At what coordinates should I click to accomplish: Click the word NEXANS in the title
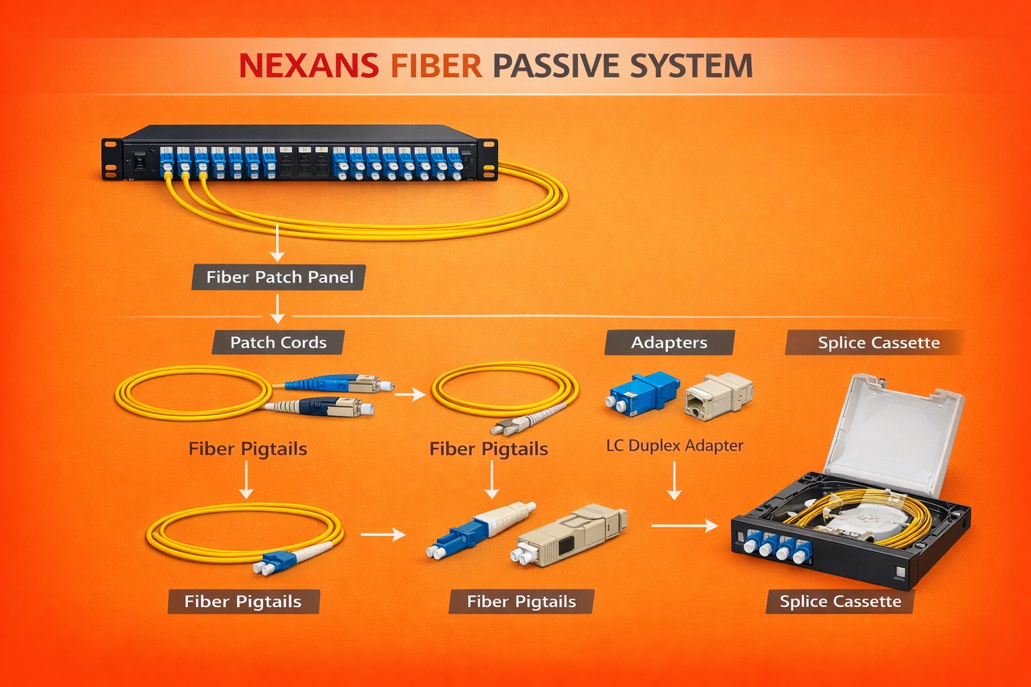coord(308,66)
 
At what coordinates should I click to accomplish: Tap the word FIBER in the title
coord(436,66)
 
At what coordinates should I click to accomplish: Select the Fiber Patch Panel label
coord(279,277)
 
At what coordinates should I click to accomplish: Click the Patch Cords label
coord(278,342)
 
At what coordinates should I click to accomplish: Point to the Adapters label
coord(669,342)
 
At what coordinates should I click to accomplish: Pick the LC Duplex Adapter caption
coord(675,445)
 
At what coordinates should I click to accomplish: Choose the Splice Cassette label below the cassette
coord(840,601)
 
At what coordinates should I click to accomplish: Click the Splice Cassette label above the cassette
coord(878,342)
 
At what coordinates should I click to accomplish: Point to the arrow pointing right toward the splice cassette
coord(684,525)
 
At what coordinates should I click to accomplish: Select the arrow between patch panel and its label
coord(277,243)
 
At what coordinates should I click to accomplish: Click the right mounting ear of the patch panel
coord(488,159)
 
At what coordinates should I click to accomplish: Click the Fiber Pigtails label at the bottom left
coord(242,601)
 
